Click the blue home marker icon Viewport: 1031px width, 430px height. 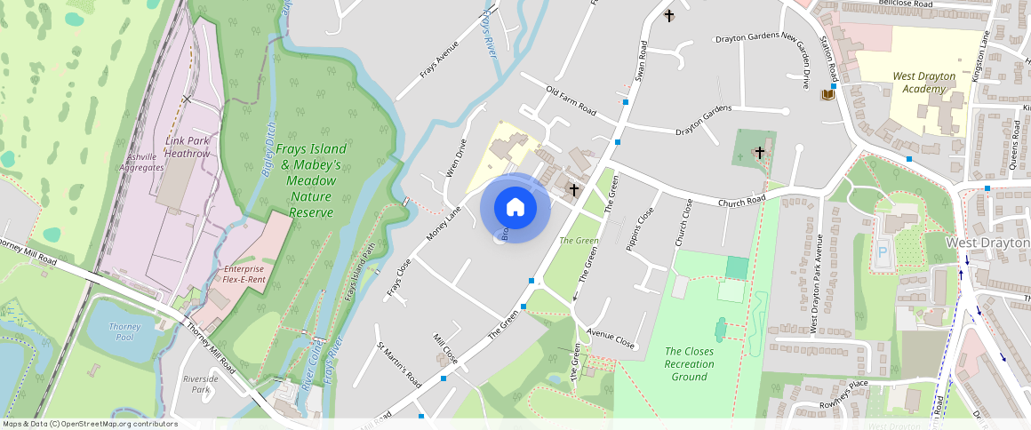tap(515, 208)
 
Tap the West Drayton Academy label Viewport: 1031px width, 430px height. tap(924, 83)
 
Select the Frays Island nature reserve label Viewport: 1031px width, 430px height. tap(310, 180)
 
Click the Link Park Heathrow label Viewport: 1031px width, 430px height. tap(187, 147)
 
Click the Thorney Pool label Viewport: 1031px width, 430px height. tap(124, 331)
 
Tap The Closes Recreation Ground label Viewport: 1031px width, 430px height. tap(689, 364)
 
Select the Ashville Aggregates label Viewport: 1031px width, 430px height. tap(141, 162)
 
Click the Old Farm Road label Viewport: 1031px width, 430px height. tap(571, 100)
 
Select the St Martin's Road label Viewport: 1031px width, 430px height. tap(399, 364)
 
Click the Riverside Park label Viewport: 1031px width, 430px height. tap(201, 384)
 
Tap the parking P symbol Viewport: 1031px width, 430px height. tap(883, 251)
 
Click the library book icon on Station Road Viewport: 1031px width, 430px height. tap(828, 95)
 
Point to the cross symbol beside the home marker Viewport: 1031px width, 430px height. tap(574, 189)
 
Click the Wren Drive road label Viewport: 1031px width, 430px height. tap(455, 157)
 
